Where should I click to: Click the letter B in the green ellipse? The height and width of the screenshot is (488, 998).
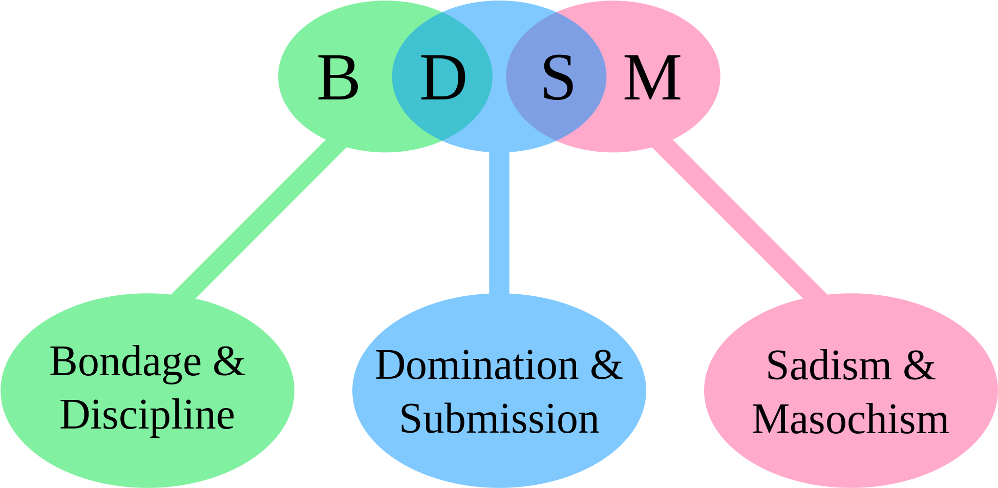coord(338,78)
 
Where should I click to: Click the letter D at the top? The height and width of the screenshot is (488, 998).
coord(443,78)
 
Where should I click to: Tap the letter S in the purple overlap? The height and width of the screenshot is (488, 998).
coord(558,78)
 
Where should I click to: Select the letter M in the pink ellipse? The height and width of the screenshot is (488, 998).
coord(652,78)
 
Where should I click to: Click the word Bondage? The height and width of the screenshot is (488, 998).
coord(125,363)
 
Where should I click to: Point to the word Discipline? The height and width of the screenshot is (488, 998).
coord(147,415)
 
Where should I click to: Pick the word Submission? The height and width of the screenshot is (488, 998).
coord(499,419)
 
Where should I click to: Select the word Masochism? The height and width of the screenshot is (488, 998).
coord(851,419)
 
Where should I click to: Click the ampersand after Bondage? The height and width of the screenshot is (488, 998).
coord(229,362)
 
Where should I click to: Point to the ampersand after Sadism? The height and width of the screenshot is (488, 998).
coord(919,366)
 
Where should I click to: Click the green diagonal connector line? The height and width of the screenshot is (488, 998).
coord(259,220)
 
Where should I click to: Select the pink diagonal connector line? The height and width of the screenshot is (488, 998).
coord(740,220)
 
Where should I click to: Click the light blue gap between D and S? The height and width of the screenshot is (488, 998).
coord(499,77)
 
